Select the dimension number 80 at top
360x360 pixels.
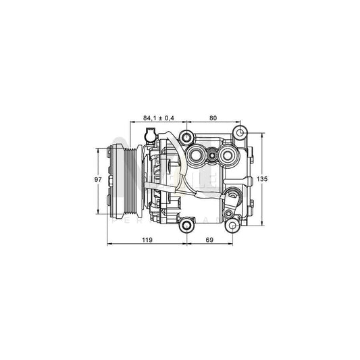pyautogui.click(x=213, y=118)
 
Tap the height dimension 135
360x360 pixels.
pyautogui.click(x=263, y=179)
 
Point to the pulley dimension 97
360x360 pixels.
pyautogui.click(x=99, y=180)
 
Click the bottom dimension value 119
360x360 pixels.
pyautogui.click(x=147, y=240)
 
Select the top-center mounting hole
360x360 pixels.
pyautogui.click(x=186, y=133)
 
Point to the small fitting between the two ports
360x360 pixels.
pyautogui.click(x=213, y=157)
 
